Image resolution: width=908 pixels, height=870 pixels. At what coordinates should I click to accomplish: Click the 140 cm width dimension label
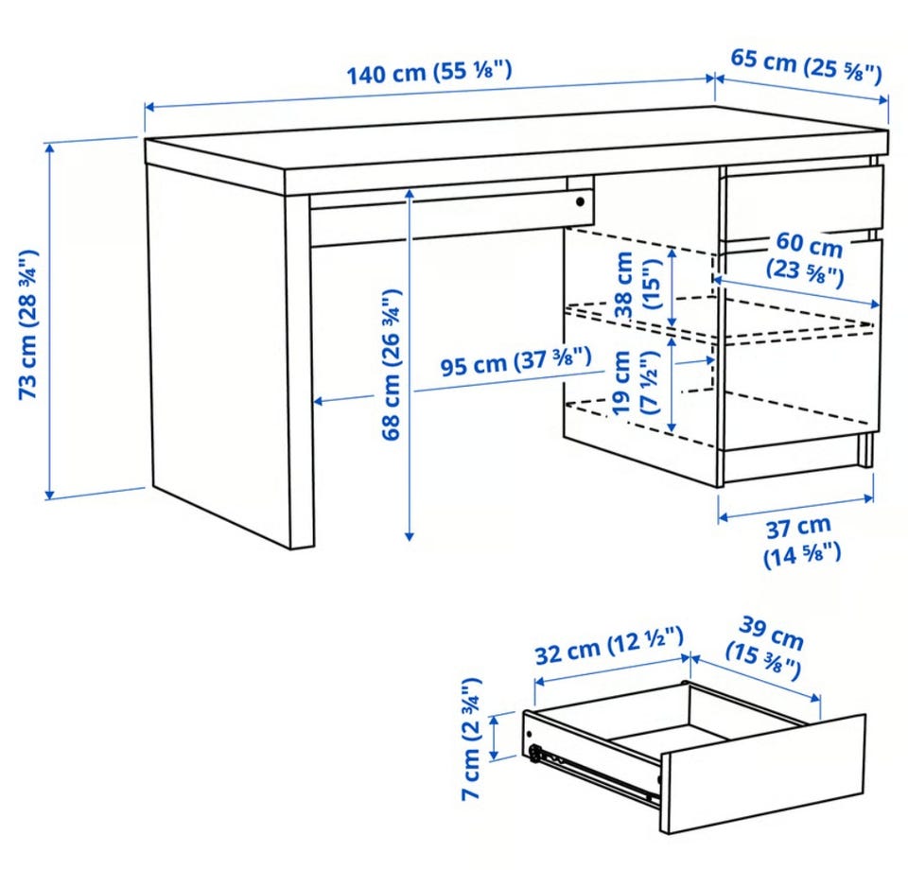pos(429,73)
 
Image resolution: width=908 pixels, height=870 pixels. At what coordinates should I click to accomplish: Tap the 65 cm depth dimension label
pos(806,66)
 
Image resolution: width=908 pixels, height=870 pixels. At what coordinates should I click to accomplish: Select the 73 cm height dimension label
pos(28,324)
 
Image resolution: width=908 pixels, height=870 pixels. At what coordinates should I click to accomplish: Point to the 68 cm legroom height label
pos(392,365)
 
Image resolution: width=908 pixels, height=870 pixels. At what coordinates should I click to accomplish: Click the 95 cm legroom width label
pos(516,362)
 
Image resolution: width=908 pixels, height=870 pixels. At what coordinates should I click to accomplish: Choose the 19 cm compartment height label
pos(635,383)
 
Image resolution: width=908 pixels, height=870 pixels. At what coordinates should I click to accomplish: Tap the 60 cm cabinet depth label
pos(806,258)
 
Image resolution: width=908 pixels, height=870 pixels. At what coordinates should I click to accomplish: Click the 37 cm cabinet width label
pos(801,542)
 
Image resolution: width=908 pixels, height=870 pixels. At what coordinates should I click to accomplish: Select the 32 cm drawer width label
pos(608,646)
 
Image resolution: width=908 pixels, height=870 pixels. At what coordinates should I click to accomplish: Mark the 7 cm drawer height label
pos(471,739)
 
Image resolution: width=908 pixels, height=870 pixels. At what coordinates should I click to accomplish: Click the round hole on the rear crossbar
pos(580,202)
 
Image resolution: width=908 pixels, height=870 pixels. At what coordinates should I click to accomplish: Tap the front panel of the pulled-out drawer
pos(763,774)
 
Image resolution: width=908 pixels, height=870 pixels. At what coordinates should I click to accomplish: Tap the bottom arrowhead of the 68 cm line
pos(410,536)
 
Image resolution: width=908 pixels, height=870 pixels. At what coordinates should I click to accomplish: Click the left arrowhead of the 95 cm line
pos(319,401)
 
